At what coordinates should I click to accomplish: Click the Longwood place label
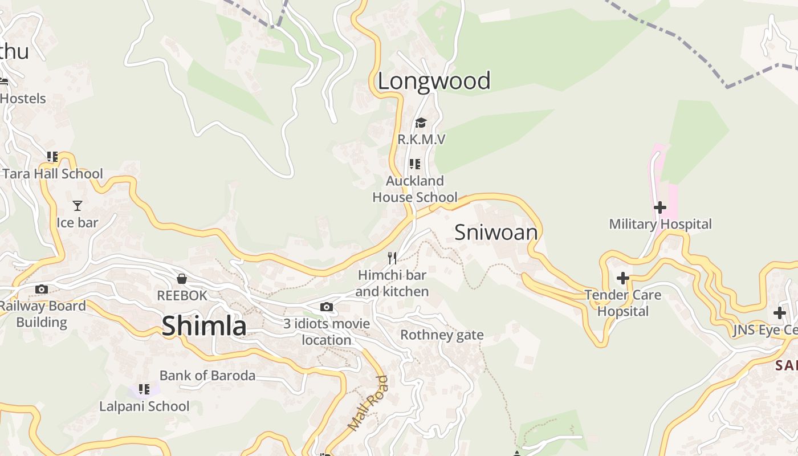434,81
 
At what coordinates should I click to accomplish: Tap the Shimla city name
204,326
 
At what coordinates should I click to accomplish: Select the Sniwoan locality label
496,233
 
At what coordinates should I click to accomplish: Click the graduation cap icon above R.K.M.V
421,123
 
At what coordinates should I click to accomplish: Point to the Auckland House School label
415,189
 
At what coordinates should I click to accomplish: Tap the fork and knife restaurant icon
392,258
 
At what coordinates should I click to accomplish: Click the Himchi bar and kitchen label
392,283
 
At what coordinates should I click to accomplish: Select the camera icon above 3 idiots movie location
327,307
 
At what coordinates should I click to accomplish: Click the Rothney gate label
442,335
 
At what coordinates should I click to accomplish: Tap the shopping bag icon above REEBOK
182,279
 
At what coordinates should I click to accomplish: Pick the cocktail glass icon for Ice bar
78,206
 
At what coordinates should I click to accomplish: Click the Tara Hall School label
52,174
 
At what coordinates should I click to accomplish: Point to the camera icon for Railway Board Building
42,290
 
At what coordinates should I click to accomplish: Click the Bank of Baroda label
207,376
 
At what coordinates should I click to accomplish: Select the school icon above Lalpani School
144,389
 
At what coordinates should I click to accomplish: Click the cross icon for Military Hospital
660,207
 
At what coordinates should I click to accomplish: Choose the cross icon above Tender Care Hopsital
623,278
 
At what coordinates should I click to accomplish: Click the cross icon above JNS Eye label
779,313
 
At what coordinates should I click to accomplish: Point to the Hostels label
23,99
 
